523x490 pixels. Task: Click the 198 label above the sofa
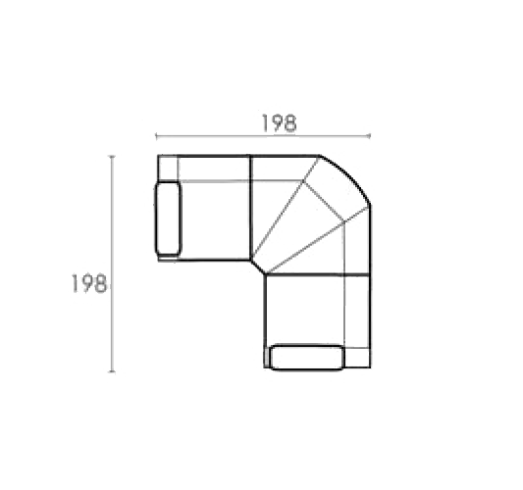coord(279,123)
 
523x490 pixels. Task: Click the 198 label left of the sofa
coord(89,283)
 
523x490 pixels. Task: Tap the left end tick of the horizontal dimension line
coord(156,135)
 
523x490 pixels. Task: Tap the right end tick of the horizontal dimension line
coord(369,135)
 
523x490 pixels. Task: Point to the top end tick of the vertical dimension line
coord(113,156)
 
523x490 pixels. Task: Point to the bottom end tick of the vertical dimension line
coord(113,371)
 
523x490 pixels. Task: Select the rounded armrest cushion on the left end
coord(168,218)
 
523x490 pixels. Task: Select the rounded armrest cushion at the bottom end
coord(307,358)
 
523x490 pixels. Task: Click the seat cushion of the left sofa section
coord(215,220)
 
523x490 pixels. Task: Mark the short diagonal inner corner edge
coord(257,267)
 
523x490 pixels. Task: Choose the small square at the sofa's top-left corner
coord(168,169)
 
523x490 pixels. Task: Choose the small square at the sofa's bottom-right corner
coord(357,358)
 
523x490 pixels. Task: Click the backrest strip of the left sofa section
coord(214,169)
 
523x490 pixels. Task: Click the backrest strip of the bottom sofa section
coord(357,312)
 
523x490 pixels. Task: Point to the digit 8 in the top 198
coord(289,123)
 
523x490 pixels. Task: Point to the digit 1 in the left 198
coord(75,283)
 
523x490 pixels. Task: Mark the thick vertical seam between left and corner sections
coord(250,207)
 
